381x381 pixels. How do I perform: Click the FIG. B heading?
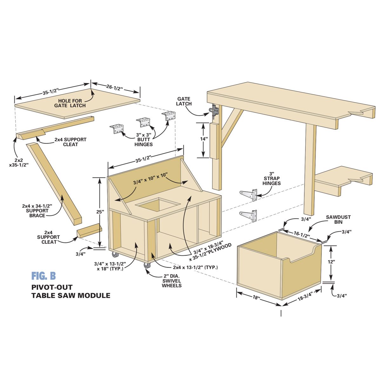click(43, 276)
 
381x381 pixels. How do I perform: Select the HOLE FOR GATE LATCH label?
click(70, 103)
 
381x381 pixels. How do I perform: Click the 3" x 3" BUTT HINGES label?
click(144, 140)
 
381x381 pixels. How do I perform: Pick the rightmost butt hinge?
click(169, 116)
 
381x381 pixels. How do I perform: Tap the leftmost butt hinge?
click(117, 129)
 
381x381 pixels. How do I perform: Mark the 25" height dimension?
click(100, 212)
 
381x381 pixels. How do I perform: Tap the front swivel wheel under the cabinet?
click(146, 265)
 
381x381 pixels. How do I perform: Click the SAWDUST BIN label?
click(338, 219)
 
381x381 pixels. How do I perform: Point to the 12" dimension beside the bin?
click(331, 262)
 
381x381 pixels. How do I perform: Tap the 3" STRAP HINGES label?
click(272, 178)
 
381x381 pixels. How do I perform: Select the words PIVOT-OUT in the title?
click(52, 287)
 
